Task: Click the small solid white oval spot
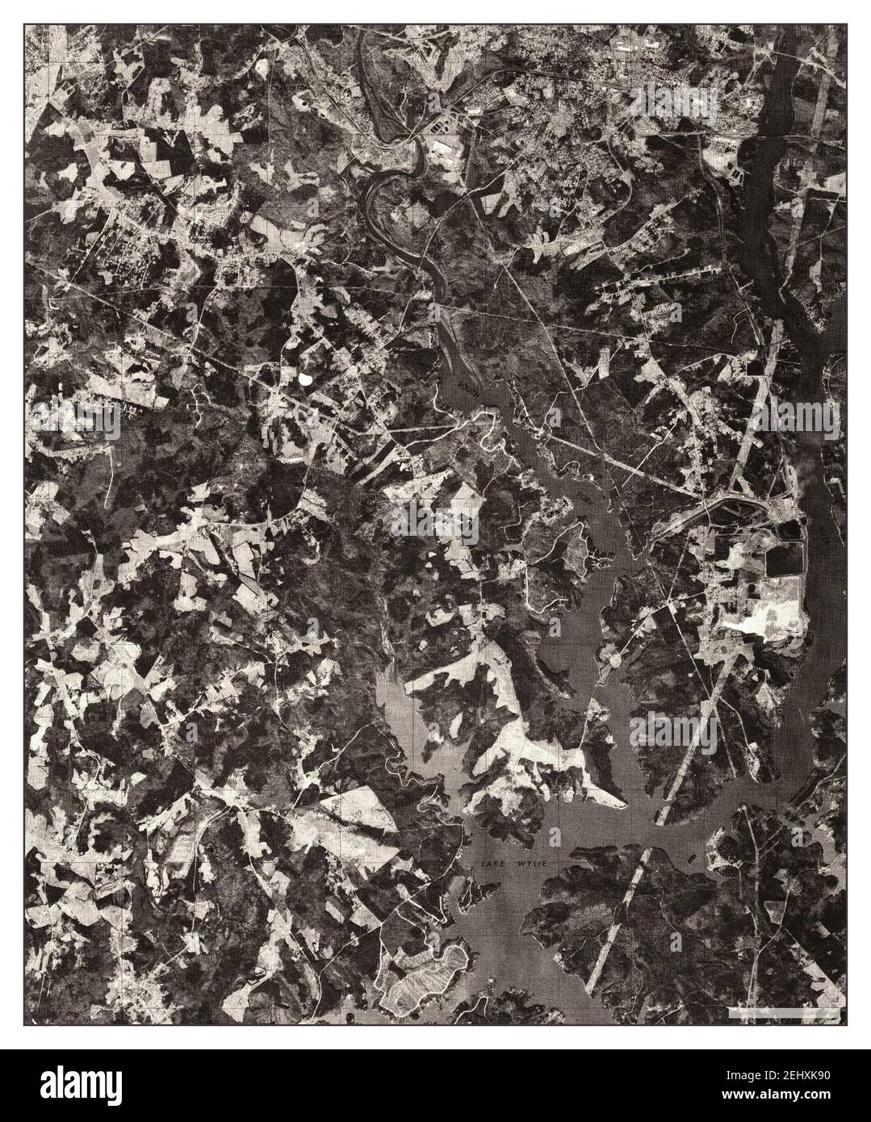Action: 305,376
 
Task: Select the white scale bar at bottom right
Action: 773,1010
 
